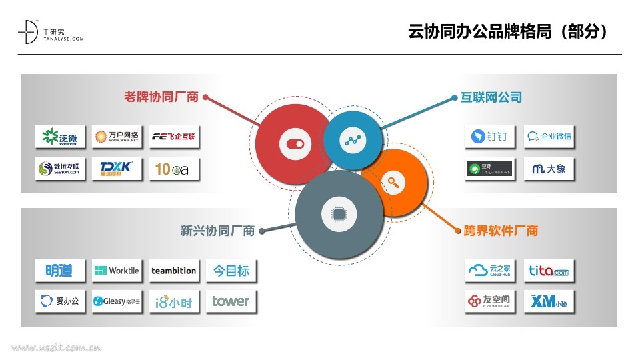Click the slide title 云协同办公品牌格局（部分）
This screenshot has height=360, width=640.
click(x=508, y=31)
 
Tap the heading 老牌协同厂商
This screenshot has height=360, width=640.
click(x=161, y=97)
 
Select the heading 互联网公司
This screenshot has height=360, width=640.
click(x=491, y=97)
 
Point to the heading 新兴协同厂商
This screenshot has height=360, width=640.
click(x=217, y=231)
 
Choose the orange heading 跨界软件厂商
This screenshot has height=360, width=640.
click(x=501, y=231)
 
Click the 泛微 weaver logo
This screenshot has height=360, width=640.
click(x=60, y=137)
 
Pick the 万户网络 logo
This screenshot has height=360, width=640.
click(x=117, y=137)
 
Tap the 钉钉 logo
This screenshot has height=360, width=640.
click(x=490, y=137)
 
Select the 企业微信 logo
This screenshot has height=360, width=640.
click(x=549, y=137)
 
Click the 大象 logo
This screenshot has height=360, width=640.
click(x=549, y=169)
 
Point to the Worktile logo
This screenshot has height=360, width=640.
click(x=117, y=271)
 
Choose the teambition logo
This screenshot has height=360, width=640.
click(x=174, y=271)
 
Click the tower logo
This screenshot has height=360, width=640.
click(x=231, y=301)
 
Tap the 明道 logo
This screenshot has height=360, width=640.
click(x=60, y=271)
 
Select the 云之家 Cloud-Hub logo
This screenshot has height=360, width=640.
click(x=490, y=271)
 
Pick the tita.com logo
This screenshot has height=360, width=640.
click(x=549, y=271)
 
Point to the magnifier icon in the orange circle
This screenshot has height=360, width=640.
click(x=393, y=181)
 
